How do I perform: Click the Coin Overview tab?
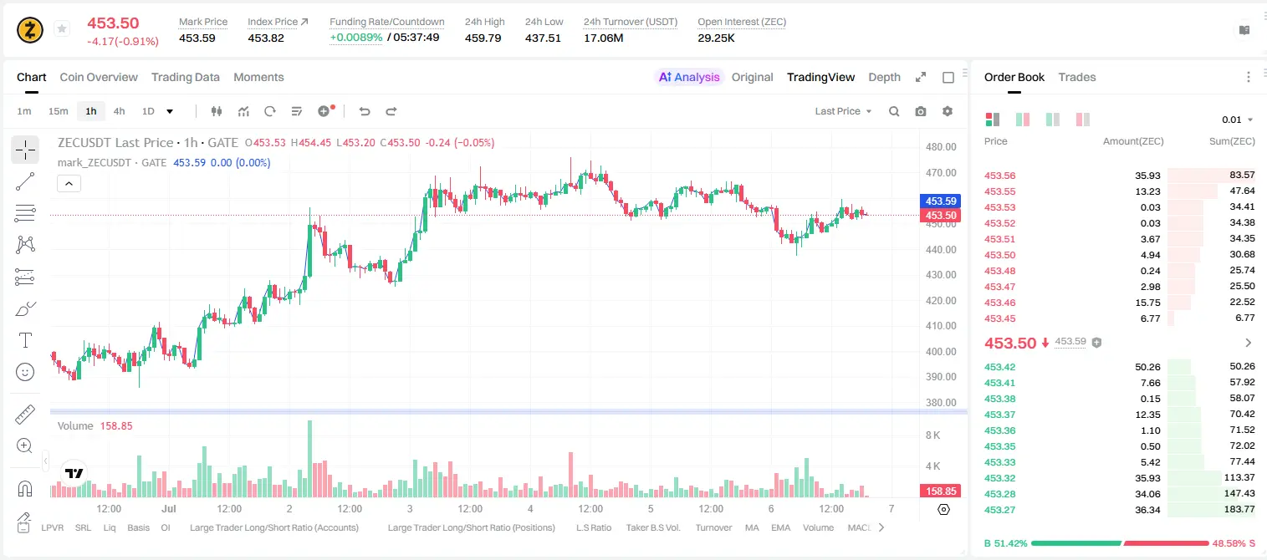tap(99, 77)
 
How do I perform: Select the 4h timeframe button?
tap(119, 111)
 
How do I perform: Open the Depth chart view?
tap(884, 77)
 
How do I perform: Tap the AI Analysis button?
tap(689, 77)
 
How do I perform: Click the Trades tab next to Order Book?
tap(1077, 77)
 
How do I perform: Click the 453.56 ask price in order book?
tap(999, 176)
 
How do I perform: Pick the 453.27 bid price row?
tap(999, 510)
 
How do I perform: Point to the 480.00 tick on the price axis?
tap(941, 147)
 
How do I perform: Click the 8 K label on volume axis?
tap(932, 435)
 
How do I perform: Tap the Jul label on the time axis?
tap(169, 508)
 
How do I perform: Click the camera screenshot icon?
tap(921, 111)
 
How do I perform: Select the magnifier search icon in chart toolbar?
tap(894, 111)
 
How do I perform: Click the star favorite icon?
tap(62, 28)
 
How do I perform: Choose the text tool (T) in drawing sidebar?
tap(25, 340)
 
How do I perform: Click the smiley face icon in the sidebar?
tap(25, 372)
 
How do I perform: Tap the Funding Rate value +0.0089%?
tap(355, 38)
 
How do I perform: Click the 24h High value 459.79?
tap(483, 38)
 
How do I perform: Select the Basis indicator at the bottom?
tap(138, 527)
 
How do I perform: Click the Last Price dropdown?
tap(843, 111)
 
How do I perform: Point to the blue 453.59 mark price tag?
tap(940, 201)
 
